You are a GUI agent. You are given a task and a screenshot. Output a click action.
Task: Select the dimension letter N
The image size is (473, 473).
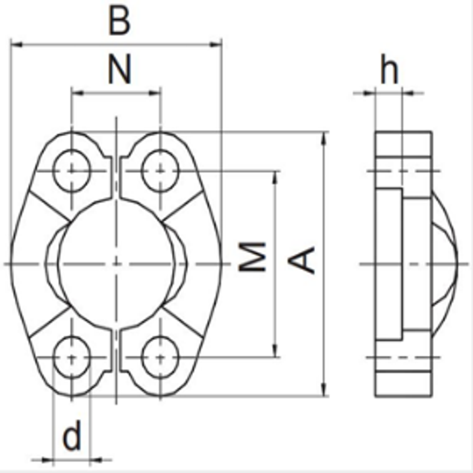pos(118,69)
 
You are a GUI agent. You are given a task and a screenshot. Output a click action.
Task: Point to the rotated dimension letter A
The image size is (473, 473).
pos(303,260)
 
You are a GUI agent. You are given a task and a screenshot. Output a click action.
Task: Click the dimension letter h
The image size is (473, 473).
pos(390,71)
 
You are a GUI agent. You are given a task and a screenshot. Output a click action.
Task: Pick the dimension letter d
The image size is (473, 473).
pos(72,437)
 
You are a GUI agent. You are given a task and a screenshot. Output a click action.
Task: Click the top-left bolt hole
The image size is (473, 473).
pos(71,170)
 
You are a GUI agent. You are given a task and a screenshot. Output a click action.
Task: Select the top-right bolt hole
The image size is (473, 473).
pos(160,170)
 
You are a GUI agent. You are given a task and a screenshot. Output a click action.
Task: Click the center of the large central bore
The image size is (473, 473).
pos(116,263)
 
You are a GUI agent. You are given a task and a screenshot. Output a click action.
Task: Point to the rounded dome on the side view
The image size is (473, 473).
pos(446,263)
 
